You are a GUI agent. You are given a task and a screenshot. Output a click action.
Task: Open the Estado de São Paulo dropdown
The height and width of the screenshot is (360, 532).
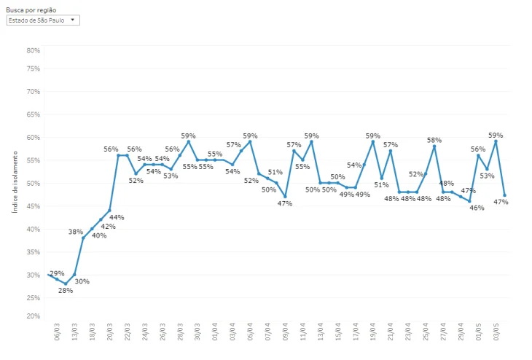coord(42,20)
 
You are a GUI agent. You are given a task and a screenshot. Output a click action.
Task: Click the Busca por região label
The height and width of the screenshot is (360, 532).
coord(31,10)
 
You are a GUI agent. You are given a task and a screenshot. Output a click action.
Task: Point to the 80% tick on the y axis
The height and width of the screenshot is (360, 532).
coord(33,50)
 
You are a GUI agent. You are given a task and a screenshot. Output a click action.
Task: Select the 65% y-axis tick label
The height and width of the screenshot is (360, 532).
coord(33,114)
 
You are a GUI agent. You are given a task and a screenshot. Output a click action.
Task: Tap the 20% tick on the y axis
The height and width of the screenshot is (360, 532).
coord(33,316)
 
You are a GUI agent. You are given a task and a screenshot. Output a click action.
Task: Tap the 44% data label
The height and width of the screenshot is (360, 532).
coord(117,217)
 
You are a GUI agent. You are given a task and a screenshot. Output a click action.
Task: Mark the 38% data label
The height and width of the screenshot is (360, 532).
coord(75,232)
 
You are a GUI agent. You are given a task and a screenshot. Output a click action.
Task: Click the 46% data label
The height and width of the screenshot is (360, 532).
coord(477,208)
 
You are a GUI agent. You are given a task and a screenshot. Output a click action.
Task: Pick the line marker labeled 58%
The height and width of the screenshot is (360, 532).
coord(434,146)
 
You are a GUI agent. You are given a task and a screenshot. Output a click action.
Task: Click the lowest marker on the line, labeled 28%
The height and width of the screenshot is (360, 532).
coord(66,283)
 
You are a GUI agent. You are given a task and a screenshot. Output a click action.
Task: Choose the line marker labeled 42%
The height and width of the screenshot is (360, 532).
coord(101,219)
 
